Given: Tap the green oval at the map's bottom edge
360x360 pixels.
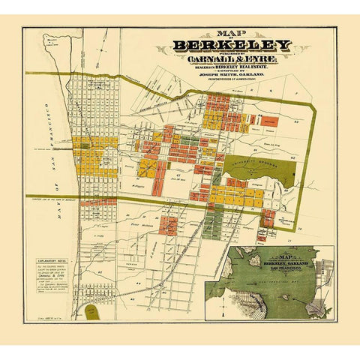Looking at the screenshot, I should coord(92,311).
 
